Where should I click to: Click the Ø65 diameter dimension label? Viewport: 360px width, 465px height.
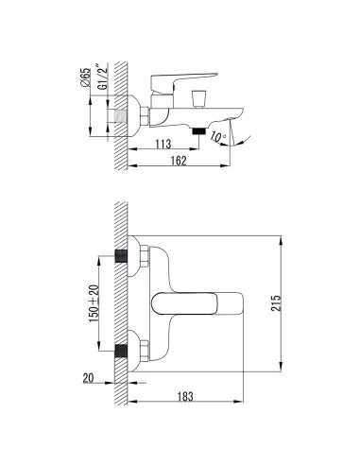tap(85, 77)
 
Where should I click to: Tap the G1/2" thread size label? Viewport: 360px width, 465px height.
tap(103, 77)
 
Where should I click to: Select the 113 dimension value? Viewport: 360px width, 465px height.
tap(163, 144)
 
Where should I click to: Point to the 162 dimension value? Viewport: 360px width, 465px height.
tap(179, 161)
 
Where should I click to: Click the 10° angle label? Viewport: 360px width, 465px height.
tap(218, 137)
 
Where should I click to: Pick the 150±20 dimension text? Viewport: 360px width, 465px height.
tap(94, 303)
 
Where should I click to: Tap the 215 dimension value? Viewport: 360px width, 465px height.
tap(276, 303)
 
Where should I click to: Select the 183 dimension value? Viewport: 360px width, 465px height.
tap(185, 396)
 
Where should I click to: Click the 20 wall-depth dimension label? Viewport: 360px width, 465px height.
tap(88, 378)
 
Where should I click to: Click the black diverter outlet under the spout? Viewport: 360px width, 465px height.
tap(198, 130)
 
